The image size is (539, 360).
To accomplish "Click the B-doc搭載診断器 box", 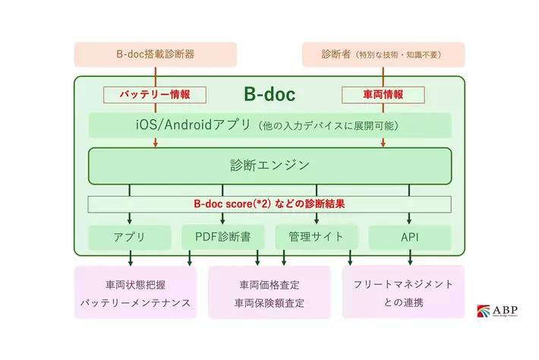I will pos(156,55).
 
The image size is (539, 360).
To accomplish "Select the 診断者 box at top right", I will pos(383,55).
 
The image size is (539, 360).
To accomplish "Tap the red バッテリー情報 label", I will pos(156,95).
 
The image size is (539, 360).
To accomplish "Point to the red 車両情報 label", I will pos(383,95).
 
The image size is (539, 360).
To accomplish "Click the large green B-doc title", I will pos(269,95).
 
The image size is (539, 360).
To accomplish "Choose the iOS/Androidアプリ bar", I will pos(269,125).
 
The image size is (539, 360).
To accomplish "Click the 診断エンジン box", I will pos(269,166).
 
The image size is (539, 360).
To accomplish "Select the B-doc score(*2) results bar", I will pos(269,204).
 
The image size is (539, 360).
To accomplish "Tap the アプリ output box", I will pos(129,237).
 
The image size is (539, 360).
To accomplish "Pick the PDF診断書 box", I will pos(223,237).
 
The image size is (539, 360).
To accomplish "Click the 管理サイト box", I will pos(316,237).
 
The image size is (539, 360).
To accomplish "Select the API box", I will pos(410,237).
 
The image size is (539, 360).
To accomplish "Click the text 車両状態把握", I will pos(135,285).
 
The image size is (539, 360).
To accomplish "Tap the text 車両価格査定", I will pos(269,285).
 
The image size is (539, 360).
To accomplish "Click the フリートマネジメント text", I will pos(403,284).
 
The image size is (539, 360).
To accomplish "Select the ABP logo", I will pos(498,311).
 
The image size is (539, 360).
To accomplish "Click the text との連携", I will pos(403,302).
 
